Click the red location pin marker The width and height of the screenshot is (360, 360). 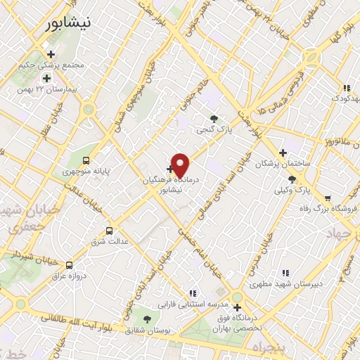(x=181, y=165)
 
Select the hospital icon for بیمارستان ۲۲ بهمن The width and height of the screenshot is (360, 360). (x=46, y=78)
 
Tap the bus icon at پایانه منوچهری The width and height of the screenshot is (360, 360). (x=86, y=160)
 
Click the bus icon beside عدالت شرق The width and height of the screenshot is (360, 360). (x=109, y=230)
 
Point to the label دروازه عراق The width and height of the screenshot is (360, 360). (x=69, y=276)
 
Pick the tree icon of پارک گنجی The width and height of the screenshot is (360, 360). (x=214, y=118)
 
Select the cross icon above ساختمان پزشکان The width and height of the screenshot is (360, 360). (x=283, y=152)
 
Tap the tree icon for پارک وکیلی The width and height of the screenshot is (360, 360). (x=292, y=179)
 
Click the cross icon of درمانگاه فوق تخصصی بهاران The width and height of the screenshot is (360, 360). (x=237, y=307)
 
